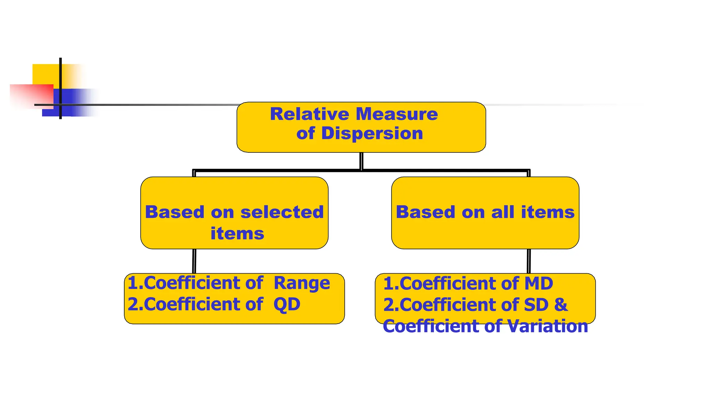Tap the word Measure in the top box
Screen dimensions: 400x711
click(397, 114)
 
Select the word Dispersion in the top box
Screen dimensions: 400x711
click(372, 134)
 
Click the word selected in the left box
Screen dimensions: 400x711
click(282, 212)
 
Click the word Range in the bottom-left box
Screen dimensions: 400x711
click(302, 283)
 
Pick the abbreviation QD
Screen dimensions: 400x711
click(287, 305)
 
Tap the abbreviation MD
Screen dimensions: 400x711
click(538, 283)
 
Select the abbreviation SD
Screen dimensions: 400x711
click(536, 305)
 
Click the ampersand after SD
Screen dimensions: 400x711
click(561, 305)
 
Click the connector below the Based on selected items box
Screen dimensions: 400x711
click(194, 261)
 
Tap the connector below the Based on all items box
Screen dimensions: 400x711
click(529, 261)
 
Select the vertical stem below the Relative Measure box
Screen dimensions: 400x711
click(361, 161)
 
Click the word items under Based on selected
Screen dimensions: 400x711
click(237, 233)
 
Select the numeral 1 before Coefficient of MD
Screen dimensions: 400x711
click(388, 283)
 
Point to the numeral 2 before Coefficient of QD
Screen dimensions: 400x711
click(133, 305)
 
